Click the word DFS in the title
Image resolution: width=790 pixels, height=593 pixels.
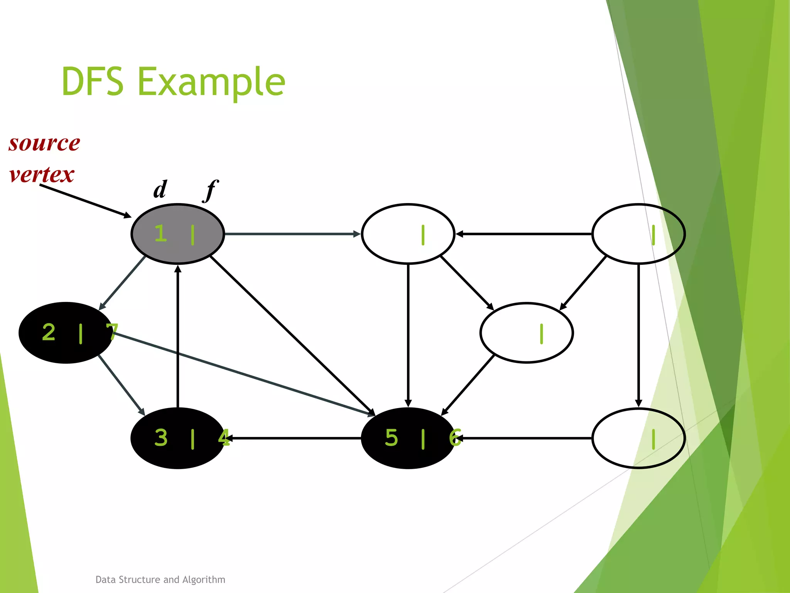coord(93,81)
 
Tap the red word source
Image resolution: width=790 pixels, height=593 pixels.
coord(44,143)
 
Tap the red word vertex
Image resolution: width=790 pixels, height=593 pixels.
coord(42,175)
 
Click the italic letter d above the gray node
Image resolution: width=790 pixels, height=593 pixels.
coord(160,189)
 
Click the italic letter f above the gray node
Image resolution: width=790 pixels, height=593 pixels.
coord(210,190)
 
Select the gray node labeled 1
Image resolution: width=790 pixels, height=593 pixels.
coord(177,234)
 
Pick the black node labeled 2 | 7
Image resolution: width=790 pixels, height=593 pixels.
coord(66,333)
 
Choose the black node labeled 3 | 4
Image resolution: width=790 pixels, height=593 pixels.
coord(177,438)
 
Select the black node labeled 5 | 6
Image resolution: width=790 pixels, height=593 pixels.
coord(408,438)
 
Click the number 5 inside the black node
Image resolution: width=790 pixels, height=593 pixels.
coord(391,438)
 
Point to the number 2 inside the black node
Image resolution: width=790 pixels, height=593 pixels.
coord(49,332)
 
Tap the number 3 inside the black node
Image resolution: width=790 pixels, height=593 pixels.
coord(161,438)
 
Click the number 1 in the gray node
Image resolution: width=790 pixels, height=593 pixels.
coord(160,234)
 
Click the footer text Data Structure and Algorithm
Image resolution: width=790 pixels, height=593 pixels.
coord(160,579)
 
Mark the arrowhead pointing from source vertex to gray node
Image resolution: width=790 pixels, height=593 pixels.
coord(127,215)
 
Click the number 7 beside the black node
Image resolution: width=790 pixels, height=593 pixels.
coord(112,332)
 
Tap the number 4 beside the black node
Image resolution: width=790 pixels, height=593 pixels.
coord(224,438)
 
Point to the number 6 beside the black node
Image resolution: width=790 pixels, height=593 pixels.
coord(455,438)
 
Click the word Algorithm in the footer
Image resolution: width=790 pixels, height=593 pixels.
coord(204,579)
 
